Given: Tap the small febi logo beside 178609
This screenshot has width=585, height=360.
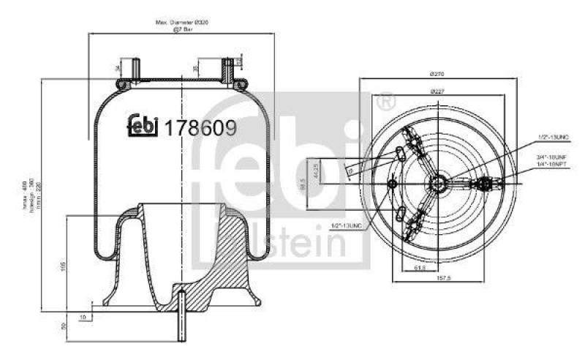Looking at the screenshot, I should [x=144, y=127].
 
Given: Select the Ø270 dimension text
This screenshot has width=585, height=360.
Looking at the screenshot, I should [x=438, y=74].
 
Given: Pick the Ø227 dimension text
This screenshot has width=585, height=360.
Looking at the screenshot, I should [x=438, y=91].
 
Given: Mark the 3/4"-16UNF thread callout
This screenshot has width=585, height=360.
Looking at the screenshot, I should [x=551, y=157].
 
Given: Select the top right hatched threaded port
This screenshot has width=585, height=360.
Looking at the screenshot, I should [x=226, y=71].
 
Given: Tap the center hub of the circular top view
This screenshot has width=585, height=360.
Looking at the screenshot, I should [x=438, y=182].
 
